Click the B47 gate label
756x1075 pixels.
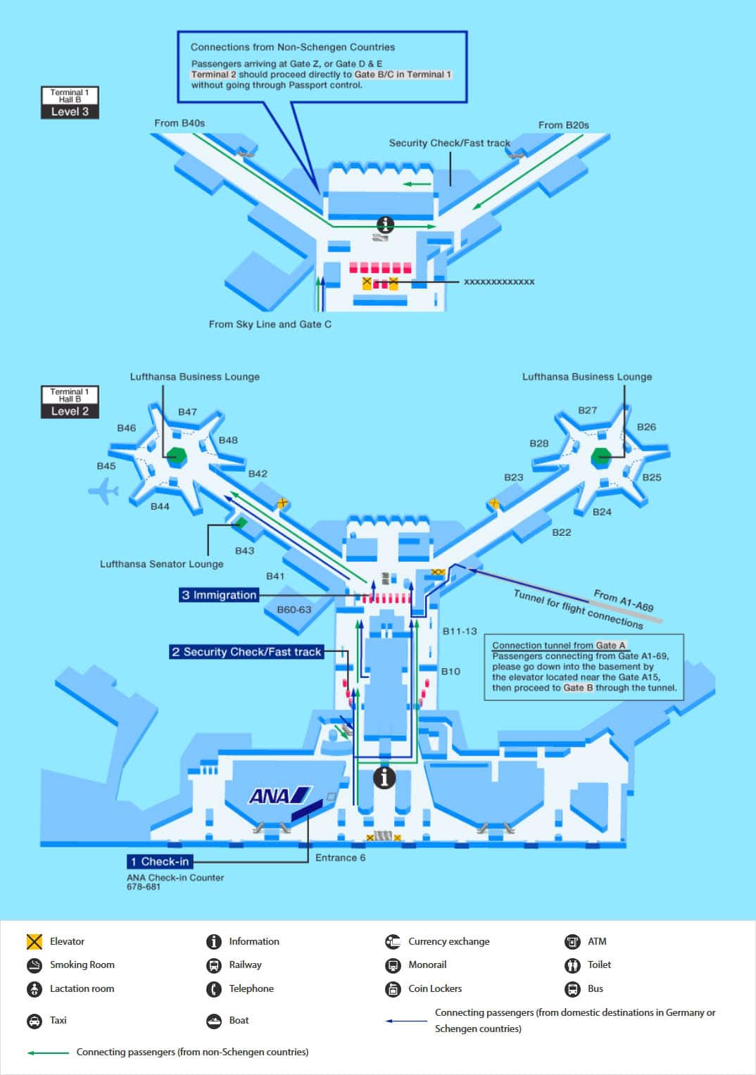[x=187, y=412]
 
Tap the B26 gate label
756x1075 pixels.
[x=646, y=427]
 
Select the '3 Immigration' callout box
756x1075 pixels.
[x=219, y=595]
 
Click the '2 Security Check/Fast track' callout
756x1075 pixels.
[x=246, y=652]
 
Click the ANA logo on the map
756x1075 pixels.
[x=280, y=796]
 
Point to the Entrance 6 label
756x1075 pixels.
[x=340, y=857]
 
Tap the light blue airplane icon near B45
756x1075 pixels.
[x=103, y=491]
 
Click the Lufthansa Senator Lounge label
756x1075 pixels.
[x=162, y=564]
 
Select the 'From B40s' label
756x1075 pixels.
[x=179, y=123]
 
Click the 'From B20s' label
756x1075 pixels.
[x=564, y=125]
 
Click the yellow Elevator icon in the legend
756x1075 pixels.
[x=34, y=941]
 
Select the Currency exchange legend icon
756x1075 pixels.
[x=393, y=941]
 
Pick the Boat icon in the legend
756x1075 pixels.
[x=213, y=1020]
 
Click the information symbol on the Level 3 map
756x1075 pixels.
[x=386, y=224]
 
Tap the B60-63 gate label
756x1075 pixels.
[x=294, y=610]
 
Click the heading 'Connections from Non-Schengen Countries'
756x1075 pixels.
[x=293, y=47]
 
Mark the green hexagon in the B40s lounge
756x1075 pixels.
[x=176, y=456]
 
